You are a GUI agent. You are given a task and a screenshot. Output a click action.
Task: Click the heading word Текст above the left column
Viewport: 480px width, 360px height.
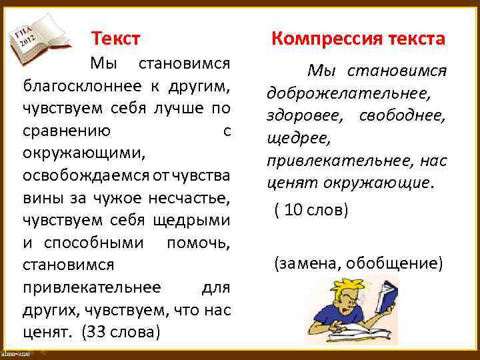click(x=116, y=38)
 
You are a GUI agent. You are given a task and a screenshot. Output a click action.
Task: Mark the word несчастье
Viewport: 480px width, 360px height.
click(x=195, y=198)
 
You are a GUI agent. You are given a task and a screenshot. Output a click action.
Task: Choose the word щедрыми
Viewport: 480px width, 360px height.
click(x=198, y=220)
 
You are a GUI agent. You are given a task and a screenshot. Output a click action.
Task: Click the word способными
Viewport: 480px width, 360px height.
click(x=93, y=242)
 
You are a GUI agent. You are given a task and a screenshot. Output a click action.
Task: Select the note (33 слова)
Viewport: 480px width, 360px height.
click(x=121, y=331)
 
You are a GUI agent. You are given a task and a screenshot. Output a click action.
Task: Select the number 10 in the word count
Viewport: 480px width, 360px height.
click(x=292, y=211)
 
